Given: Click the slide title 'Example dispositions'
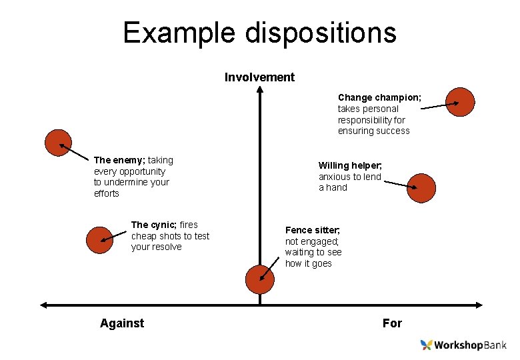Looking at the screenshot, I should click(259, 33).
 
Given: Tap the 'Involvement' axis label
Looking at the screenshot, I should click(259, 77).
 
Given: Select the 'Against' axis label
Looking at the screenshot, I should click(122, 323).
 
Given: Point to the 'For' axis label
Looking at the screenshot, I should click(392, 323).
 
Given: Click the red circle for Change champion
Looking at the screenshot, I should click(461, 102).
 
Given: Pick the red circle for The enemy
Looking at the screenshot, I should click(58, 143).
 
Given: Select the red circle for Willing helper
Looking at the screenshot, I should click(421, 188).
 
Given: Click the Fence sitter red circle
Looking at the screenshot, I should click(259, 279).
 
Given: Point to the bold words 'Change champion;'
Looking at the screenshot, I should click(379, 97).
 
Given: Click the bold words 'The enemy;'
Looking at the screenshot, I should click(119, 160).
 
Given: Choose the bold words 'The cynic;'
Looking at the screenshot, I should click(154, 225).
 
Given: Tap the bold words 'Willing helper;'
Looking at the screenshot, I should click(350, 165).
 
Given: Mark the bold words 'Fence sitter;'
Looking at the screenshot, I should click(313, 230).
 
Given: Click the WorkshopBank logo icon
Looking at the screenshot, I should click(427, 345).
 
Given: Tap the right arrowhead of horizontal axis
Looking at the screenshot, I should click(478, 305).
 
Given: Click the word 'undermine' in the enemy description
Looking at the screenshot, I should click(125, 182).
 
